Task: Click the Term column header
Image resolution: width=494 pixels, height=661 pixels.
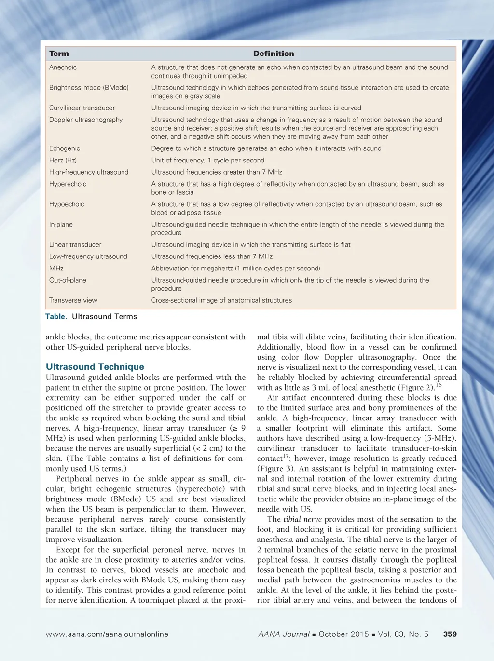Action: click(x=59, y=54)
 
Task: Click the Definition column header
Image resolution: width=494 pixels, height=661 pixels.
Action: click(x=274, y=54)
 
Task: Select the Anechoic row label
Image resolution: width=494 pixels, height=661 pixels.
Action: click(x=63, y=67)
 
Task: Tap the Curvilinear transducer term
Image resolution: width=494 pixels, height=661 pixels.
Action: click(x=82, y=108)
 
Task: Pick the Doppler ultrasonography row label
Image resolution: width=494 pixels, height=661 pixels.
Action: click(x=86, y=120)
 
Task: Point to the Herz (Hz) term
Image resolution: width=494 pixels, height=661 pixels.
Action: click(x=63, y=160)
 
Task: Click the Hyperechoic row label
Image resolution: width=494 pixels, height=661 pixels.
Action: click(x=68, y=184)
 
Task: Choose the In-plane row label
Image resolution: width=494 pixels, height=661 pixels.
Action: click(x=61, y=224)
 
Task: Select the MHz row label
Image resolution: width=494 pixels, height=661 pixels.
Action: click(x=56, y=268)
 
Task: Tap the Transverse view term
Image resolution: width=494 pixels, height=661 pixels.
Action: click(x=73, y=300)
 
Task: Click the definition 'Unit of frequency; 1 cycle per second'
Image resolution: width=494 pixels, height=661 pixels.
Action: click(x=208, y=160)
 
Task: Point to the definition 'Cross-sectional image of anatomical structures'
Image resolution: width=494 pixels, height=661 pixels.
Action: click(x=221, y=300)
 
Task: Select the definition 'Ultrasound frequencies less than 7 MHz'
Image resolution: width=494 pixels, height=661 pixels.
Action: click(x=212, y=256)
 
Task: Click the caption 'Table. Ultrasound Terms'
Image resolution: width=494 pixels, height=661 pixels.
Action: click(x=91, y=316)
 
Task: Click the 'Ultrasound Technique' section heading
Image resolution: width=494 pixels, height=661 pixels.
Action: click(x=95, y=367)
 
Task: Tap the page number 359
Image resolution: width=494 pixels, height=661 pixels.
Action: click(x=450, y=634)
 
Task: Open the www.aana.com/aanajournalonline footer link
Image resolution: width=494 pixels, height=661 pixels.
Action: click(x=107, y=634)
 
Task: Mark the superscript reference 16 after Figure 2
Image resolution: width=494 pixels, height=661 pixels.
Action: click(x=439, y=385)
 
